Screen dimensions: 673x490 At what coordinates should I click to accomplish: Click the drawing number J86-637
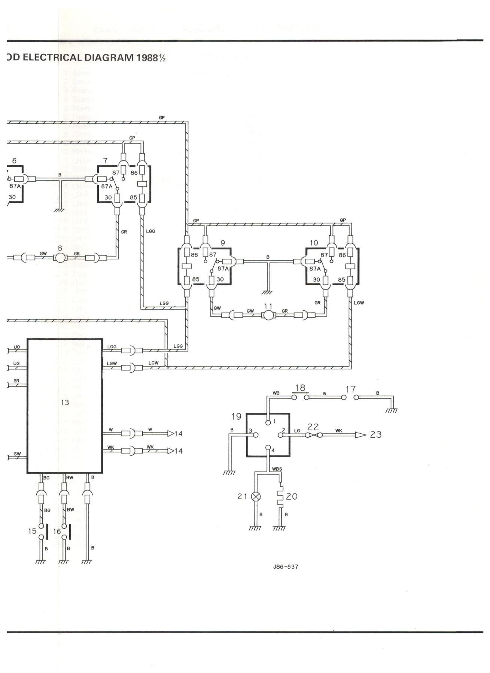286,566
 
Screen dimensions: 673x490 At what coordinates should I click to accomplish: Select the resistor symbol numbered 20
280,497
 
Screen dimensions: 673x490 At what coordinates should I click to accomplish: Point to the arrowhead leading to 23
360,435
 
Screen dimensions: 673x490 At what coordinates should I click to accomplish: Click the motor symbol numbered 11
268,315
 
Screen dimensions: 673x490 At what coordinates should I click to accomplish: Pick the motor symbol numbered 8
60,258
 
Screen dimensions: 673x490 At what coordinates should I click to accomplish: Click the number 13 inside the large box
65,402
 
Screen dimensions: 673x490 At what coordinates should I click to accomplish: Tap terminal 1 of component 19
268,422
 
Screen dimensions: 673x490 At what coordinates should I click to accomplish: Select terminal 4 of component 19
268,448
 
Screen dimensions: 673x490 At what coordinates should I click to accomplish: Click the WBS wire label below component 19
277,469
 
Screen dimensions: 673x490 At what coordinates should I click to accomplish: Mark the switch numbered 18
300,397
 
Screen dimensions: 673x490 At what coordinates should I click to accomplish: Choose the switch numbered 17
350,397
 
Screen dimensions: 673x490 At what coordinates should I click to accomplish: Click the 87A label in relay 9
223,268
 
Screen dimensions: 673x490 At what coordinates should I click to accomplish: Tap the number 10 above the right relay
314,243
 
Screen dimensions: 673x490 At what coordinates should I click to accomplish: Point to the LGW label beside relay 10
359,302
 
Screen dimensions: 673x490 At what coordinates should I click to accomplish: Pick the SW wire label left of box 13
17,454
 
